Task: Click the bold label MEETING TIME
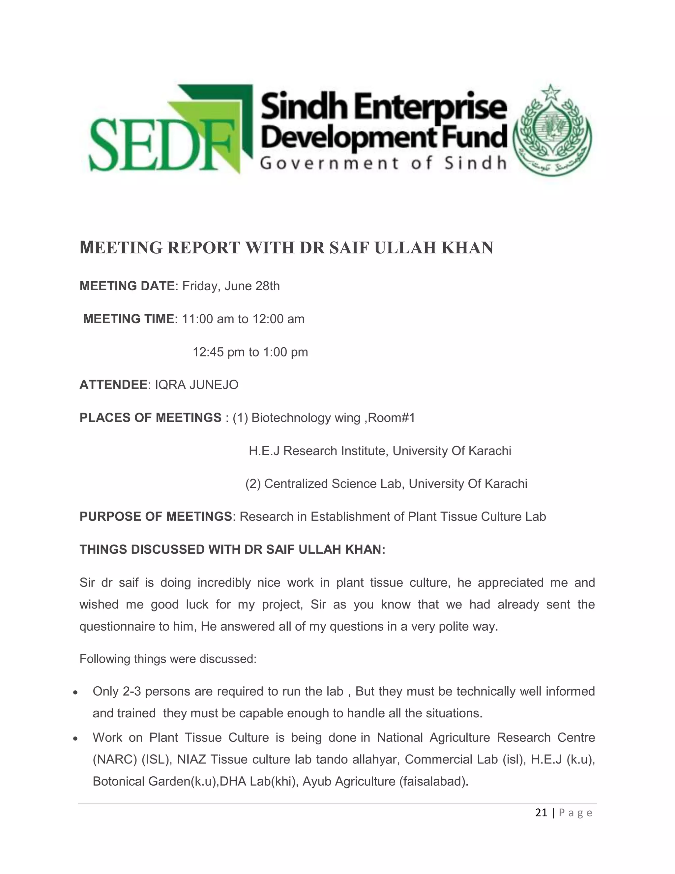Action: (128, 319)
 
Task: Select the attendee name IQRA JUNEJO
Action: (196, 385)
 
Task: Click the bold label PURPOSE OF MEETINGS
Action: (156, 516)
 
